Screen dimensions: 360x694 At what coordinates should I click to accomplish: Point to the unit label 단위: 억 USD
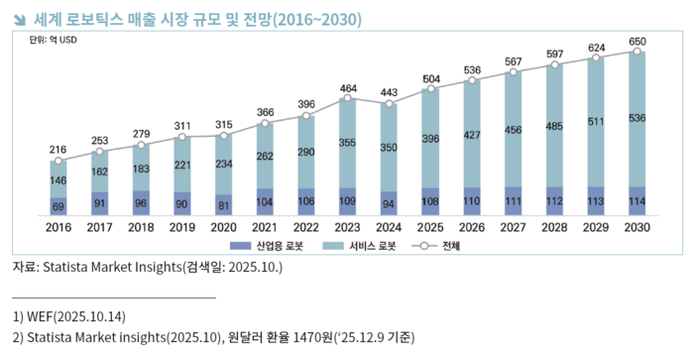tap(51, 42)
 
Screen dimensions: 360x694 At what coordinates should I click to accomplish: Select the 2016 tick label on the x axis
tap(58, 226)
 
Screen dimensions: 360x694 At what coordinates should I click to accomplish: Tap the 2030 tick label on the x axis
tap(636, 226)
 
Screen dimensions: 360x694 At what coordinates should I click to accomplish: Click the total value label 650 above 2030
tap(636, 40)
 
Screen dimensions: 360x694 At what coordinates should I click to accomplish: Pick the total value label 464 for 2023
tap(347, 88)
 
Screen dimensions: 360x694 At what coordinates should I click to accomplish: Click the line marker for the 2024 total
tap(389, 102)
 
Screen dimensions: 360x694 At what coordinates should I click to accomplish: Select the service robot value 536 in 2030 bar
tap(636, 119)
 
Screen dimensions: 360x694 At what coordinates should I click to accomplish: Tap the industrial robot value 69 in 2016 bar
tap(58, 205)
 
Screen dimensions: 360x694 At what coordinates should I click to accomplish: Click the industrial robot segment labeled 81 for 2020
tap(224, 205)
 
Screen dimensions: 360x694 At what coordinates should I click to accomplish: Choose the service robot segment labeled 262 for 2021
tap(265, 156)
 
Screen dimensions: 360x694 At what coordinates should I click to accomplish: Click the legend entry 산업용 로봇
tap(267, 245)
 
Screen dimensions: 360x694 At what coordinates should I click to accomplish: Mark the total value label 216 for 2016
tap(58, 150)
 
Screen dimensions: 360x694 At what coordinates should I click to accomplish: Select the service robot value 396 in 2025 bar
tap(430, 138)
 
